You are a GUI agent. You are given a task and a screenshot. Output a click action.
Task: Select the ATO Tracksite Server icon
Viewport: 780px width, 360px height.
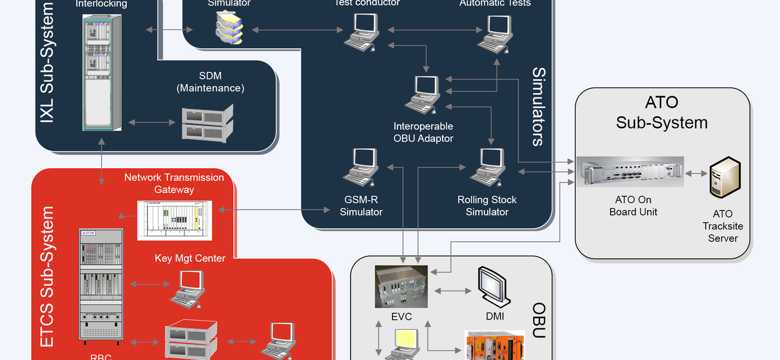724,177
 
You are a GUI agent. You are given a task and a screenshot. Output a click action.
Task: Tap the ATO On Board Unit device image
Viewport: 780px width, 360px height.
629,172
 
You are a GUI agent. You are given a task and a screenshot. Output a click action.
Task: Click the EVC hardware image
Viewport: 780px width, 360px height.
401,287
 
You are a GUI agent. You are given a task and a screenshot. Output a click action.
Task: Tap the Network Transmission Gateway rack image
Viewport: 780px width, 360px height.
174,220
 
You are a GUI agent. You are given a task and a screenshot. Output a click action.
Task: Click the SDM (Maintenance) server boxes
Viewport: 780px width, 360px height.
207,122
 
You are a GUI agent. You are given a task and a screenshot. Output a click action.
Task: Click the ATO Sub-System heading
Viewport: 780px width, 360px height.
662,112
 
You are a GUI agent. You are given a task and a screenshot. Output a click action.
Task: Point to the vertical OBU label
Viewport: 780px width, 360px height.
539,320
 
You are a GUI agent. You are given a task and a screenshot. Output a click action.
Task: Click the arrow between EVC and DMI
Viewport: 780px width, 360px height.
452,291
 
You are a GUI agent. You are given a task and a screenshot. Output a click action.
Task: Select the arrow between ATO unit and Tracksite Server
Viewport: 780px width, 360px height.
696,173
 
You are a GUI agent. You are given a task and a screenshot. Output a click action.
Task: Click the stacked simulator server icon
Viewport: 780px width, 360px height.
229,29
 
